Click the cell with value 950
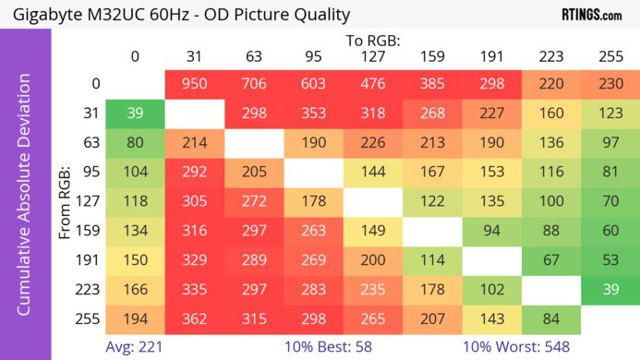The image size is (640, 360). click(x=195, y=84)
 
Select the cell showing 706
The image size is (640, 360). click(x=254, y=84)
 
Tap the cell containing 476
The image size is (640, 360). click(x=373, y=84)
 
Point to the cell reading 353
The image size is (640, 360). click(x=313, y=114)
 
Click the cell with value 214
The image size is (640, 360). click(x=195, y=143)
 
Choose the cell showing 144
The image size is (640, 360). click(x=373, y=173)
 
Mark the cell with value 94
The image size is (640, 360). click(x=491, y=232)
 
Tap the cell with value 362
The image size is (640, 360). click(x=195, y=320)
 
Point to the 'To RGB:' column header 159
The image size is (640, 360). click(x=432, y=56)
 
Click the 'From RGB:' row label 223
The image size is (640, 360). click(x=88, y=291)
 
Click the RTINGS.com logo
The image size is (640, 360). click(x=591, y=15)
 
